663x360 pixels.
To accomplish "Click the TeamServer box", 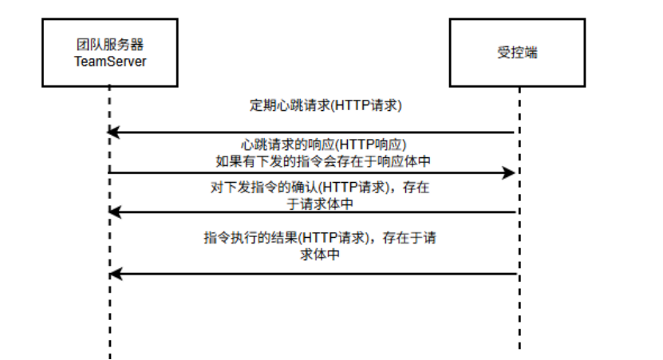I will coord(110,52).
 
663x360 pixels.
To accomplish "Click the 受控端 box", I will coord(520,52).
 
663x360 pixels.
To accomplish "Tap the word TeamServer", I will coord(110,61).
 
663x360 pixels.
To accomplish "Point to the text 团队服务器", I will coord(110,45).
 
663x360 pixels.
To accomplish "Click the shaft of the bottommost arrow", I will coord(319,274).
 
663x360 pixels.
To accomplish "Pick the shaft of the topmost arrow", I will coord(319,132).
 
